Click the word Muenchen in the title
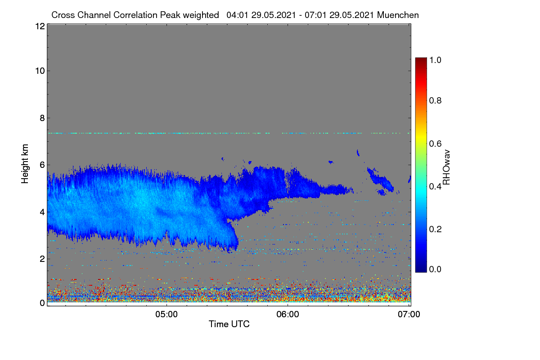pos(398,15)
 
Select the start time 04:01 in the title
pos(237,15)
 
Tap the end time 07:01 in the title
pos(315,15)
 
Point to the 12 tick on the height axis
pos(40,26)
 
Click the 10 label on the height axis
pos(40,71)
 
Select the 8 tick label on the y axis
pos(42,118)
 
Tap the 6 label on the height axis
pos(42,165)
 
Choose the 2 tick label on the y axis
pos(42,259)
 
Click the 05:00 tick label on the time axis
pos(166,315)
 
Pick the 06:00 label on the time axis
pos(288,315)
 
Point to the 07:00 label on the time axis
pos(409,315)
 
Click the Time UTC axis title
pos(229,324)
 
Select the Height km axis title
pos(25,164)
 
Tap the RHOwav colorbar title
pos(446,167)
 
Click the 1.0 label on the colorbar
pos(435,60)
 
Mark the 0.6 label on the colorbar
pos(435,144)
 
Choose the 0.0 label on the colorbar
pos(435,269)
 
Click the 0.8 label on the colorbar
pos(435,100)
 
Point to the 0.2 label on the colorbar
pos(435,229)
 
